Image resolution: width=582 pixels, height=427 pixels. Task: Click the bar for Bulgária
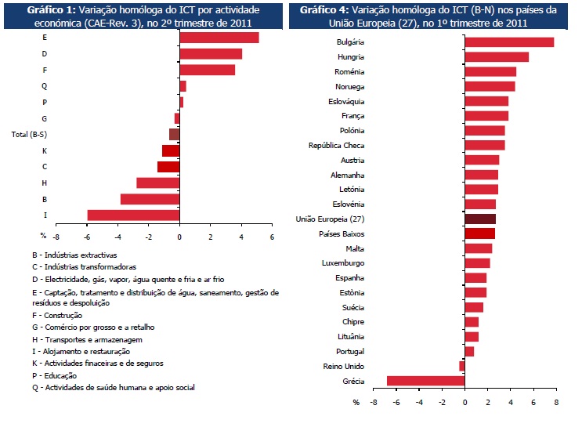point(509,42)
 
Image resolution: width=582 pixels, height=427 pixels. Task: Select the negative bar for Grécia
point(426,382)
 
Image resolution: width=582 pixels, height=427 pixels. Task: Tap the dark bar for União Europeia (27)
point(480,219)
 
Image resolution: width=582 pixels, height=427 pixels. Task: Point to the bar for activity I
point(133,215)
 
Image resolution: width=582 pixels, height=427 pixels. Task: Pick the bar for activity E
point(219,38)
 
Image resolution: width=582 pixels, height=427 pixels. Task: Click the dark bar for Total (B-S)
point(175,134)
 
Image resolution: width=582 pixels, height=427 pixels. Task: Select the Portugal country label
point(349,352)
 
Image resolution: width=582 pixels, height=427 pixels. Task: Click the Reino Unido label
point(343,367)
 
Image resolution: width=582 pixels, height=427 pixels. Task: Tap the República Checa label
point(336,146)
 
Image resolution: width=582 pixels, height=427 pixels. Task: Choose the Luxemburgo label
point(343,263)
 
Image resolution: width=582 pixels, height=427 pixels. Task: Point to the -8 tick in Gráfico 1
point(56,236)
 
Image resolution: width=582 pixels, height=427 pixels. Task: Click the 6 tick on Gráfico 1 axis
point(272,236)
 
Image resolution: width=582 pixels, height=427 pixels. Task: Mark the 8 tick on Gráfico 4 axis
point(555,402)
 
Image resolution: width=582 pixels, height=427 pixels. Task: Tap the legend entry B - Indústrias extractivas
point(74,255)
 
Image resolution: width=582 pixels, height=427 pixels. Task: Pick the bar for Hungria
point(497,57)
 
